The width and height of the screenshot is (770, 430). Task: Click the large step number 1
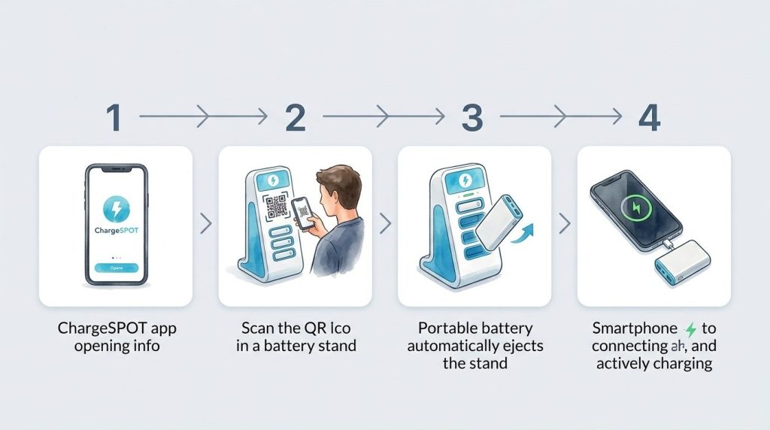coord(114,117)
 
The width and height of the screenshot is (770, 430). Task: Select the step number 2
coord(295,117)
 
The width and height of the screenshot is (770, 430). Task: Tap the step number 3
coord(472,117)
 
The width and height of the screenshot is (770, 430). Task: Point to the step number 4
coord(649,117)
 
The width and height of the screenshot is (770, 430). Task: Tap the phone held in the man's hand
coord(303,214)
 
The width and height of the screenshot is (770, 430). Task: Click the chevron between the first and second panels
coord(205,223)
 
